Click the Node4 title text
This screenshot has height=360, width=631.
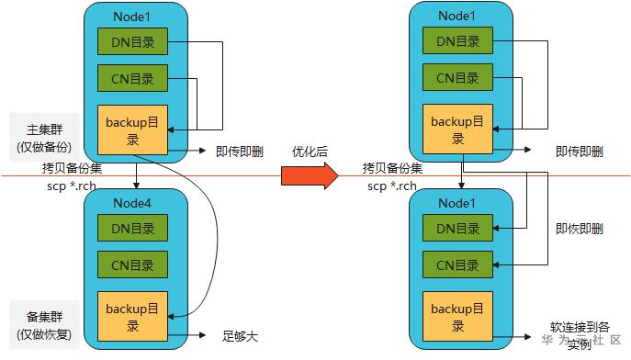pos(135,201)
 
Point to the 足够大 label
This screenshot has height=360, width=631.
pos(241,335)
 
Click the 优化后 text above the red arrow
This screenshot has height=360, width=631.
pos(310,151)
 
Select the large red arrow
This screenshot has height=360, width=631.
pos(310,176)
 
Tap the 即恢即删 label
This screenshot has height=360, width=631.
pos(580,230)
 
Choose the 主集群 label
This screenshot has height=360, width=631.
pos(42,129)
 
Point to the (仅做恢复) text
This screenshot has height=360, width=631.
pos(42,332)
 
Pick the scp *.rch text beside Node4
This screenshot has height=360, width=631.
pos(77,186)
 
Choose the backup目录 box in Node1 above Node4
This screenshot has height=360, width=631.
pos(134,129)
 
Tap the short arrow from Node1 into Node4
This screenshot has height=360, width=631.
pos(135,176)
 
